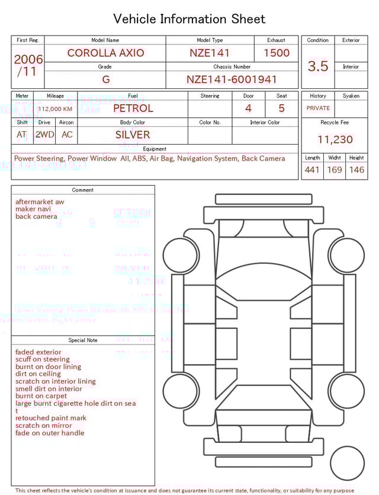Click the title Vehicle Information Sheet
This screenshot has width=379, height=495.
(189, 19)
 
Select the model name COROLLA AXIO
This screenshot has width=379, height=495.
(105, 53)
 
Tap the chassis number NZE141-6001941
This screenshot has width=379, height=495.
(232, 79)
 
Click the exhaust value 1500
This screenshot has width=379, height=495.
(276, 53)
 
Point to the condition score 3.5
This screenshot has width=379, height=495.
(318, 66)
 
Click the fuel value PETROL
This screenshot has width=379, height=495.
(133, 108)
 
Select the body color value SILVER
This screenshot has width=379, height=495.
(133, 135)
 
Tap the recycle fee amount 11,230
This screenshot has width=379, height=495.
(335, 139)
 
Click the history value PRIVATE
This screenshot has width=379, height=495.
(318, 108)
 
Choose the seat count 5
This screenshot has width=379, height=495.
(281, 108)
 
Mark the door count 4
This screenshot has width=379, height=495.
(248, 108)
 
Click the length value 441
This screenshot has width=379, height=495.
(312, 170)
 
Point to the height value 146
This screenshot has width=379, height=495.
(356, 170)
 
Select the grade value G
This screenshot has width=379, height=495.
(105, 79)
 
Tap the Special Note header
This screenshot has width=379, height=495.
(83, 340)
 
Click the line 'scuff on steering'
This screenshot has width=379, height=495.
(43, 359)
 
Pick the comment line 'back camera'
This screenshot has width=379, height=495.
(36, 216)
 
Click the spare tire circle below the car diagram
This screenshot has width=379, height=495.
(347, 463)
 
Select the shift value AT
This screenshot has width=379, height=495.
(22, 135)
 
